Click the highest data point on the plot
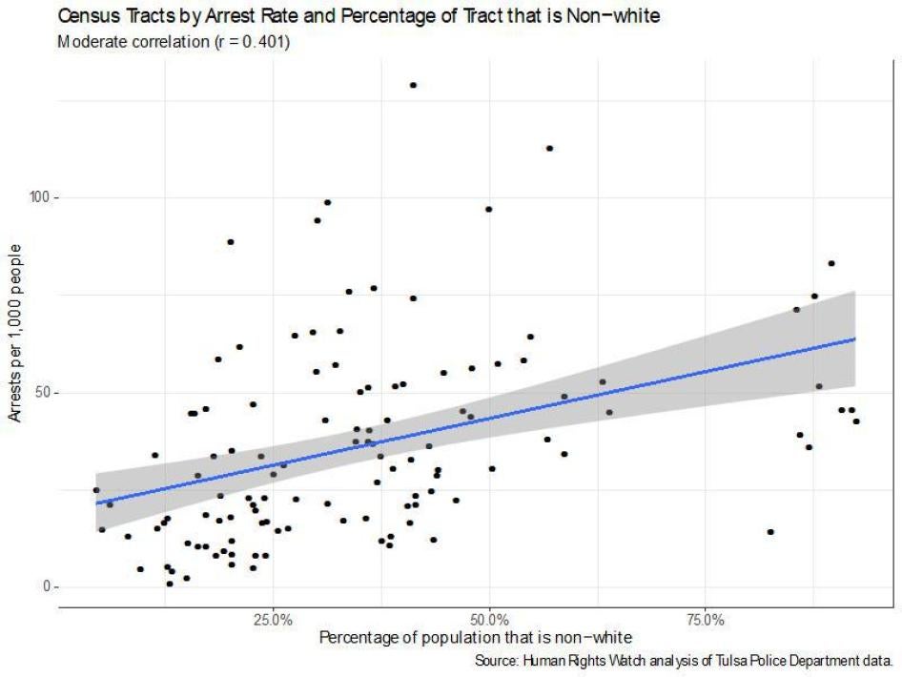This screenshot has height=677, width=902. [413, 85]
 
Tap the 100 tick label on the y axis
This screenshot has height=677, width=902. [37, 197]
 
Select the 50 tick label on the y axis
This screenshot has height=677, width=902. [41, 393]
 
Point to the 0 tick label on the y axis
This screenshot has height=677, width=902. [45, 587]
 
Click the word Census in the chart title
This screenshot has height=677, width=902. [87, 16]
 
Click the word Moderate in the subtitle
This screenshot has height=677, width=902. [88, 43]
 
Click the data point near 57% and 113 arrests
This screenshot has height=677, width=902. [549, 148]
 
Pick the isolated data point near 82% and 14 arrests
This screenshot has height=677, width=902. [770, 532]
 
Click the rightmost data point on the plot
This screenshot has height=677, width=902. [856, 421]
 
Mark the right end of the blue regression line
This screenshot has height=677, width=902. [854, 338]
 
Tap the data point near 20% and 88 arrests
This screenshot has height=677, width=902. [230, 242]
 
